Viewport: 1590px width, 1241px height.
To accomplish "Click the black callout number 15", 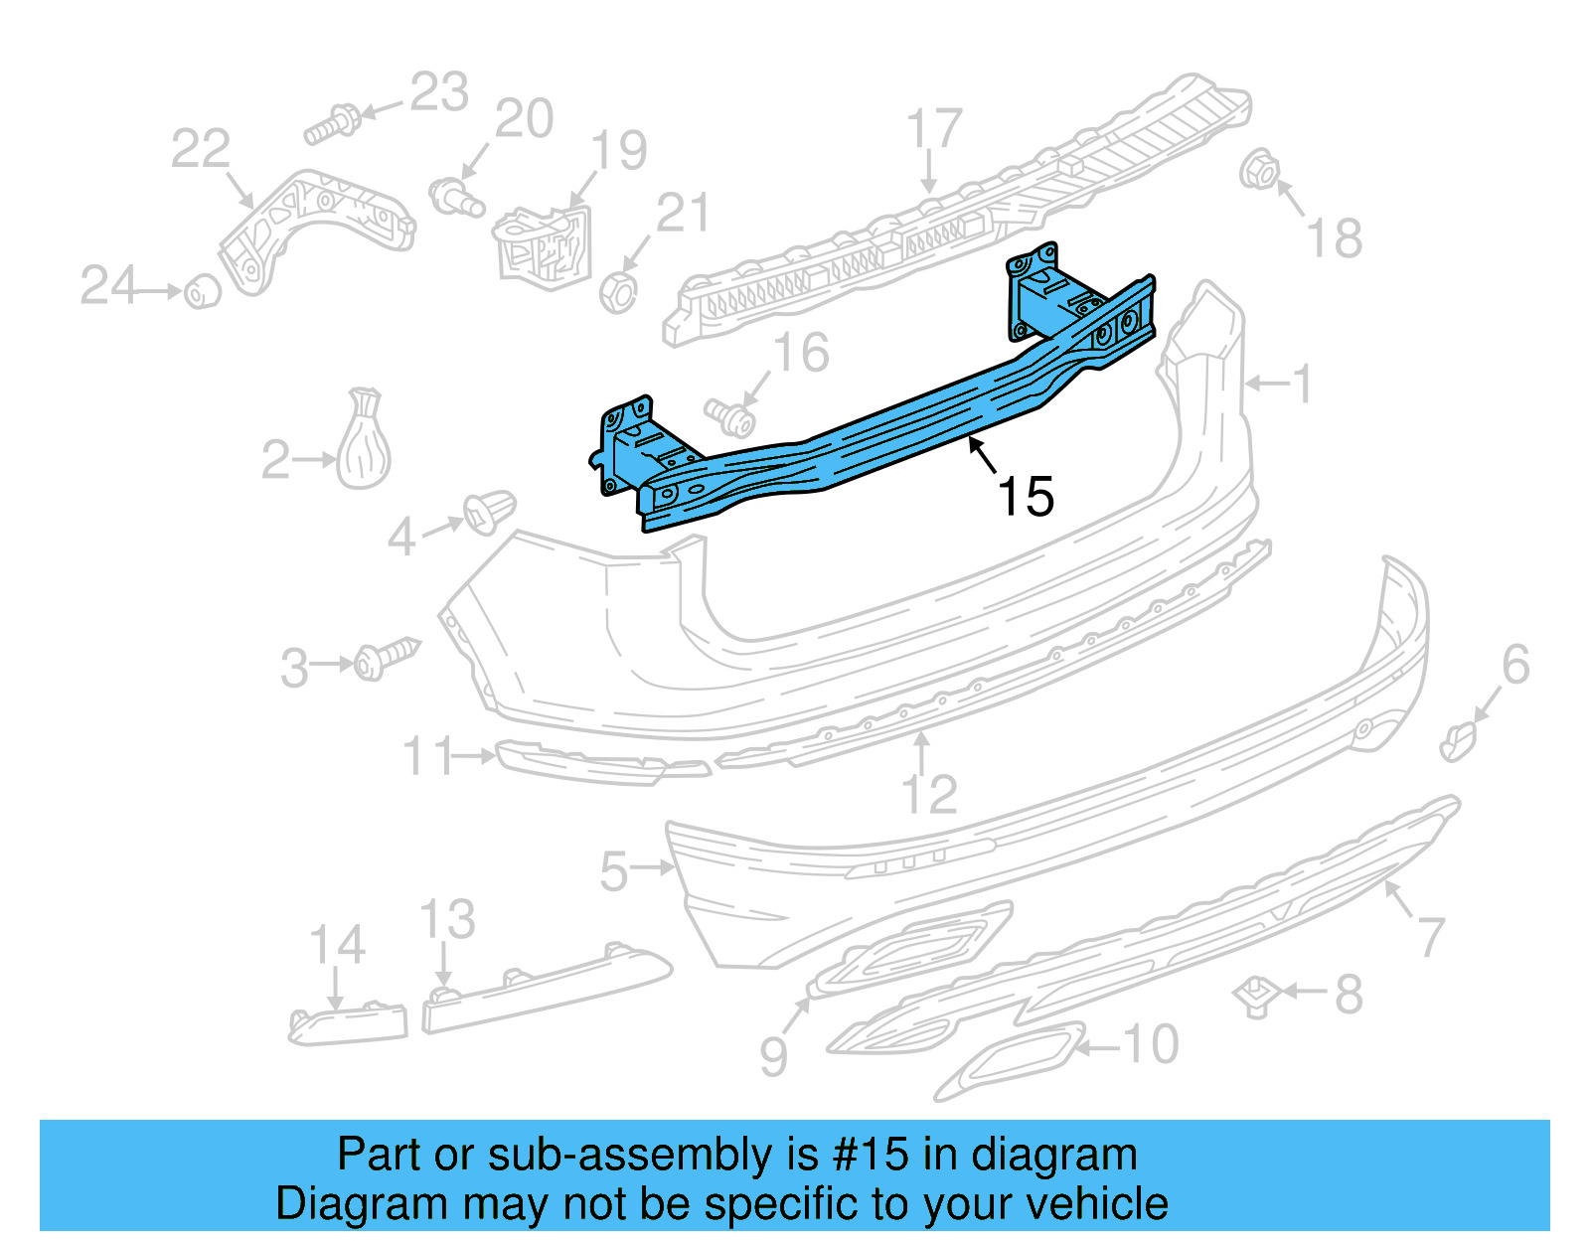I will (1026, 497).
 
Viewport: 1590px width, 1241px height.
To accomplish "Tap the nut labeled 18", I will (1258, 171).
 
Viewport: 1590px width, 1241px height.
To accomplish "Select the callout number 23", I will (439, 92).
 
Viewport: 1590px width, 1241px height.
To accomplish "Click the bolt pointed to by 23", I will (334, 124).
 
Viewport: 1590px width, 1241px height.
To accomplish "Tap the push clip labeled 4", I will (489, 511).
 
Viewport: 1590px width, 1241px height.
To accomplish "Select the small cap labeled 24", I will (203, 291).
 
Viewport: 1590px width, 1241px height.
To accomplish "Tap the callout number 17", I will (934, 129).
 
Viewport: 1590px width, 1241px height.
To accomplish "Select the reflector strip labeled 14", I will (348, 1023).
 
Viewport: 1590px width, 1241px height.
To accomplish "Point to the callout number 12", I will (929, 795).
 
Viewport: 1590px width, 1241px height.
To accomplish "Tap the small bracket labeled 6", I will (1459, 741).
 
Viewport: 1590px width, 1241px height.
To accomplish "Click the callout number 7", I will (1430, 936).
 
